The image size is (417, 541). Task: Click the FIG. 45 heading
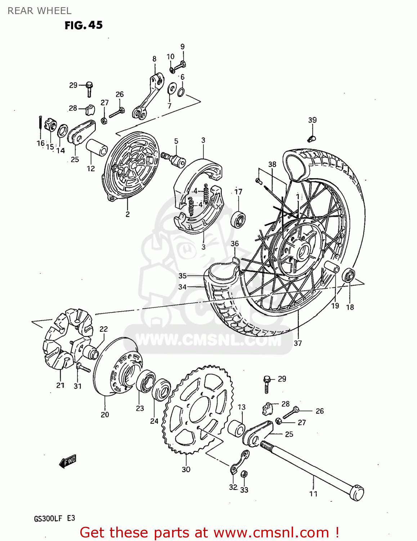[84, 25]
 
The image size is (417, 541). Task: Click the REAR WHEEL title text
[39, 11]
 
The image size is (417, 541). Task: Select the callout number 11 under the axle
[313, 494]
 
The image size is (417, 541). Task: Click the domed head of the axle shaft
[357, 493]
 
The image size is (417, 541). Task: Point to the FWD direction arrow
[68, 461]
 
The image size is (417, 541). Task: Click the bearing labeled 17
[238, 219]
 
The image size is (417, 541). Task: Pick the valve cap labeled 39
[312, 138]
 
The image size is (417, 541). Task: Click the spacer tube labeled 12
[97, 147]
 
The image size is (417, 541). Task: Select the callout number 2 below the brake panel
[127, 214]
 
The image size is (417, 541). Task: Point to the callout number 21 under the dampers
[60, 385]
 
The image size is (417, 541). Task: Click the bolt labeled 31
[83, 368]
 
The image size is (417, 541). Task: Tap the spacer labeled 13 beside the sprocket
[237, 428]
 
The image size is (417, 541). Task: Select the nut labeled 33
[244, 474]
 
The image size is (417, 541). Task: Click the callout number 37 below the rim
[297, 343]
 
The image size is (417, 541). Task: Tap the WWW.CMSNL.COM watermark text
[208, 340]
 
